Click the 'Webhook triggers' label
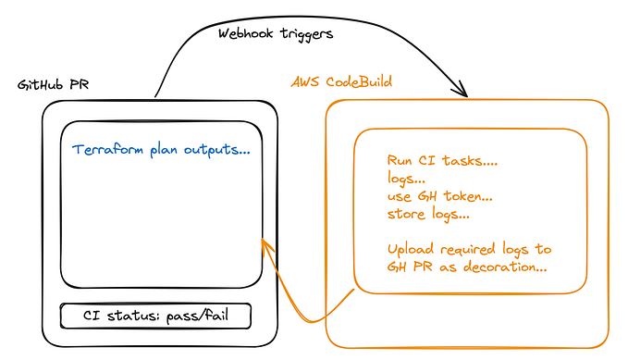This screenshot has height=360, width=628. [x=276, y=33]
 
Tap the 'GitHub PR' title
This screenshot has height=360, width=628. [x=54, y=85]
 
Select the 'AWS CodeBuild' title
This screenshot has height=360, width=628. [x=341, y=81]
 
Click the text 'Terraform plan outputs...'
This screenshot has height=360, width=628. [x=161, y=149]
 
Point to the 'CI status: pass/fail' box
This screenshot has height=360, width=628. [x=155, y=316]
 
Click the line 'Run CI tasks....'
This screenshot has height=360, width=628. [x=442, y=161]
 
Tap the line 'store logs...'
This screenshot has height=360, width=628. [x=428, y=214]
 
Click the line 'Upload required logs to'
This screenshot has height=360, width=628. [x=469, y=249]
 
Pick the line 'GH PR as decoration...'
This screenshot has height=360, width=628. [x=467, y=267]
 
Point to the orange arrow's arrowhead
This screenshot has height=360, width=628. [x=264, y=243]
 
